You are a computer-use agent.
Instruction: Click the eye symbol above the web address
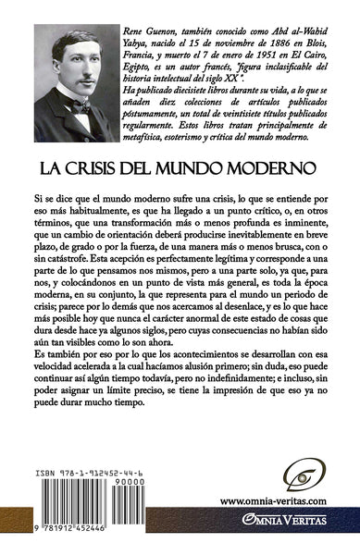[279, 475]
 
